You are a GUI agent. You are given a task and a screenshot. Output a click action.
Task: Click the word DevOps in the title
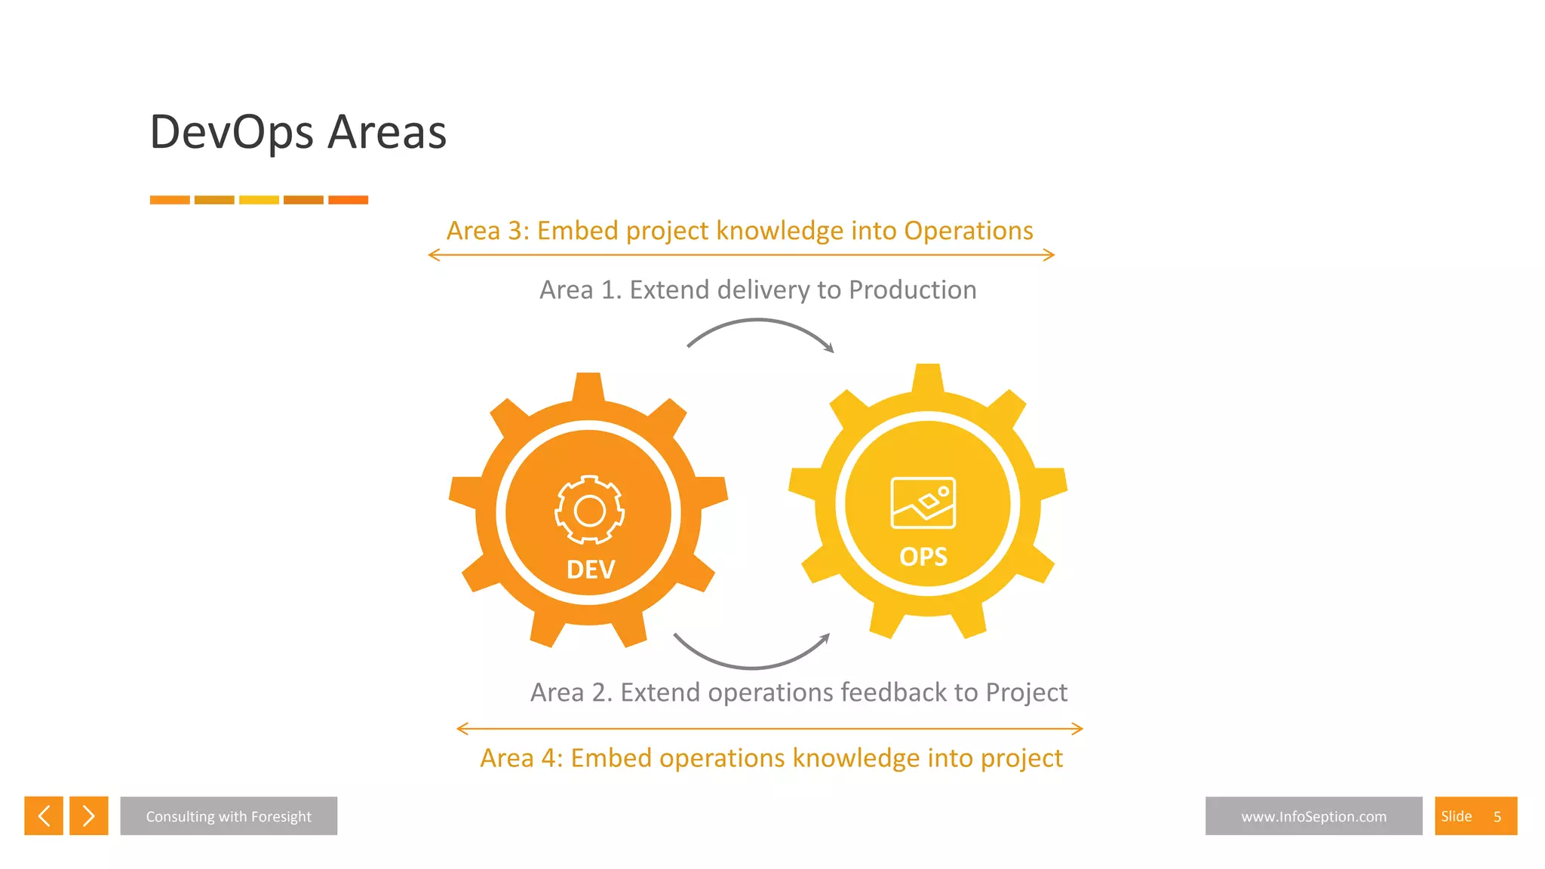(x=232, y=133)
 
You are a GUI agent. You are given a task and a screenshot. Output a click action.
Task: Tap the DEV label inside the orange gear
(x=591, y=570)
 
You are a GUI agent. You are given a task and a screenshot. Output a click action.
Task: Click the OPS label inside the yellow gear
(x=923, y=557)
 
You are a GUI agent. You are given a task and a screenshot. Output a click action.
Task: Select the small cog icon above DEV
(x=589, y=510)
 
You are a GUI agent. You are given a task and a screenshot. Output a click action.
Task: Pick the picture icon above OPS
(x=923, y=502)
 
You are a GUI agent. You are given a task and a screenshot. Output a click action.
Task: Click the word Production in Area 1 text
(x=912, y=290)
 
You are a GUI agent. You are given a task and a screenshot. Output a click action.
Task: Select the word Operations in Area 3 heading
(x=968, y=231)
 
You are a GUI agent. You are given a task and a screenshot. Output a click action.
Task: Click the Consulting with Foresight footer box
(x=229, y=816)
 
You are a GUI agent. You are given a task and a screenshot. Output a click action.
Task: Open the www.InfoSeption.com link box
(x=1313, y=816)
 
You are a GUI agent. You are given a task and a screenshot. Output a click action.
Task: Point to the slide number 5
(x=1497, y=817)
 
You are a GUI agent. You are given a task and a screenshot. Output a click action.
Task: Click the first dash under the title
(x=170, y=200)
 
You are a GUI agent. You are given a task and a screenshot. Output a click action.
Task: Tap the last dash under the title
(x=348, y=200)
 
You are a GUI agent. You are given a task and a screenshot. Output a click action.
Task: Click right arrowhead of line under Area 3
(x=1049, y=255)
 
